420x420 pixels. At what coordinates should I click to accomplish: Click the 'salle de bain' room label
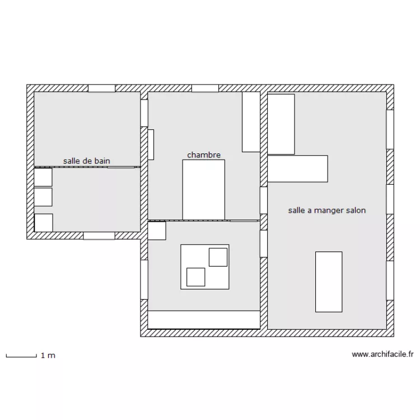86,161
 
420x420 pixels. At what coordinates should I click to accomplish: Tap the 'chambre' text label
204,155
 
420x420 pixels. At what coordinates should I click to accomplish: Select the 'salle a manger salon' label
327,211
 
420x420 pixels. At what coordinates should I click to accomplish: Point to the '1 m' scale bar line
21,357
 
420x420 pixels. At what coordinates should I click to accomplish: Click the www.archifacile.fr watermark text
382,354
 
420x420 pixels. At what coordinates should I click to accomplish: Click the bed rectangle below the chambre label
204,190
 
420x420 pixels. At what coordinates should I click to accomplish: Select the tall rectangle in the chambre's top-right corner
251,122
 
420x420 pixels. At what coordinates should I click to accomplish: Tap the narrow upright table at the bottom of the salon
329,282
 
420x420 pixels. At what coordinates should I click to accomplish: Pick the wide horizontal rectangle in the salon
297,169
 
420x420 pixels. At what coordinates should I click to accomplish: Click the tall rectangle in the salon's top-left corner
281,124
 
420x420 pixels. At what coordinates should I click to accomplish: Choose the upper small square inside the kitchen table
218,257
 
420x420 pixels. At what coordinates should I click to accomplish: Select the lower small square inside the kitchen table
196,277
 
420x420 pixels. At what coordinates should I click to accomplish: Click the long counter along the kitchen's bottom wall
204,320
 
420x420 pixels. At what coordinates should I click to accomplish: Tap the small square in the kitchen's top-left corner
157,231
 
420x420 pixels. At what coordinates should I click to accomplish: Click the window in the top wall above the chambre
205,88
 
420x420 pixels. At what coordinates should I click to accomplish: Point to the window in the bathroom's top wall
102,88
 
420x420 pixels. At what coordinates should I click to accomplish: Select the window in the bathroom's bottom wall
99,236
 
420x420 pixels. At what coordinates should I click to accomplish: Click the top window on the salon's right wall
390,129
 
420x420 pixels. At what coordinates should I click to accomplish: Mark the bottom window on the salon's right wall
390,281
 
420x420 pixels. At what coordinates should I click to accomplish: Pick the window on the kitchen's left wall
144,279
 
